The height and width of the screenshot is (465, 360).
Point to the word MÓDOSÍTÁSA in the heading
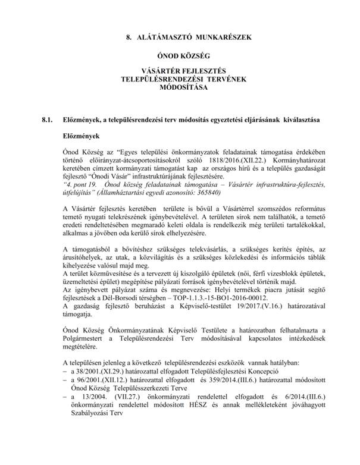[180, 87]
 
